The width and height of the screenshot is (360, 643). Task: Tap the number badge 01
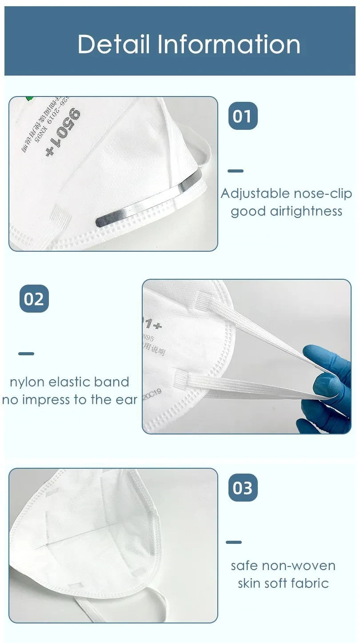(x=243, y=116)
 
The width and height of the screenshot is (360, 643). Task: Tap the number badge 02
(x=34, y=299)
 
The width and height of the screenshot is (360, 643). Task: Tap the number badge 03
(x=243, y=487)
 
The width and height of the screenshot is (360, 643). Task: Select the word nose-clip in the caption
(x=323, y=193)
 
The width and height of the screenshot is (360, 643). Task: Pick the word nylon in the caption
(x=27, y=382)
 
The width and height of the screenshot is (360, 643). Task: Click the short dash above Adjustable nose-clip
(x=236, y=171)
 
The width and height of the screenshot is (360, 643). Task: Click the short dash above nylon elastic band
(x=26, y=354)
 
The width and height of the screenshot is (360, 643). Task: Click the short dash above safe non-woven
(x=234, y=542)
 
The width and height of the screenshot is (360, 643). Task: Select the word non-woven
(x=299, y=566)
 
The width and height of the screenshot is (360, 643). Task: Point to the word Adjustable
(x=255, y=194)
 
